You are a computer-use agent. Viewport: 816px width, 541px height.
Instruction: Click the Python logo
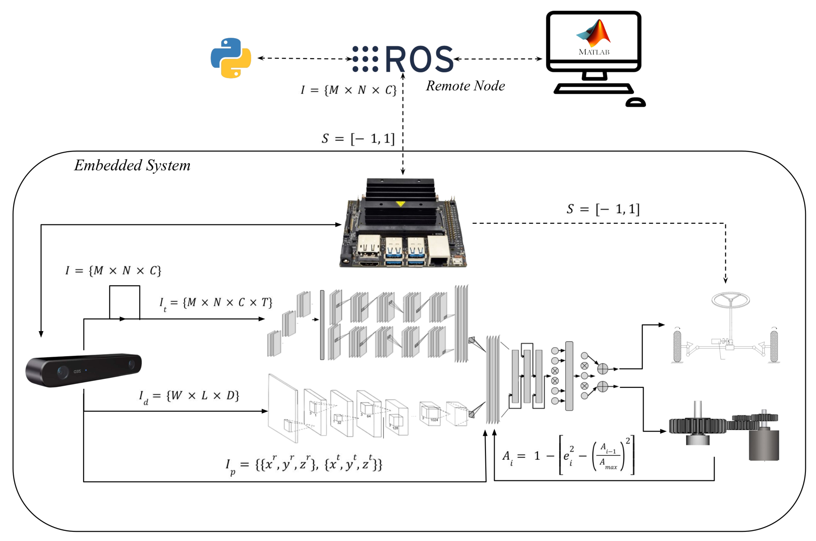(231, 58)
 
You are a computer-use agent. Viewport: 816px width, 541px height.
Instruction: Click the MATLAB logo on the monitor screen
(594, 34)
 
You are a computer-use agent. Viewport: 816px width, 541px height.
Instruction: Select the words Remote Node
(465, 86)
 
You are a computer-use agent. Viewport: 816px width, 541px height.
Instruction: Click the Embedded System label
(132, 165)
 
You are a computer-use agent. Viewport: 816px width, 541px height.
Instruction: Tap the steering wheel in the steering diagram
(730, 299)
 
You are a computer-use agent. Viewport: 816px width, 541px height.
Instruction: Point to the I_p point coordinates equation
(304, 464)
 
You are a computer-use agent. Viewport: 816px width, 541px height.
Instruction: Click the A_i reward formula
(568, 455)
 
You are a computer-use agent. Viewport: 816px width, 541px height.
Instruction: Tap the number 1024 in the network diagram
(434, 420)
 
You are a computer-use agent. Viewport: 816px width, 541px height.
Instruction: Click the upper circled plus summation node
(603, 369)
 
